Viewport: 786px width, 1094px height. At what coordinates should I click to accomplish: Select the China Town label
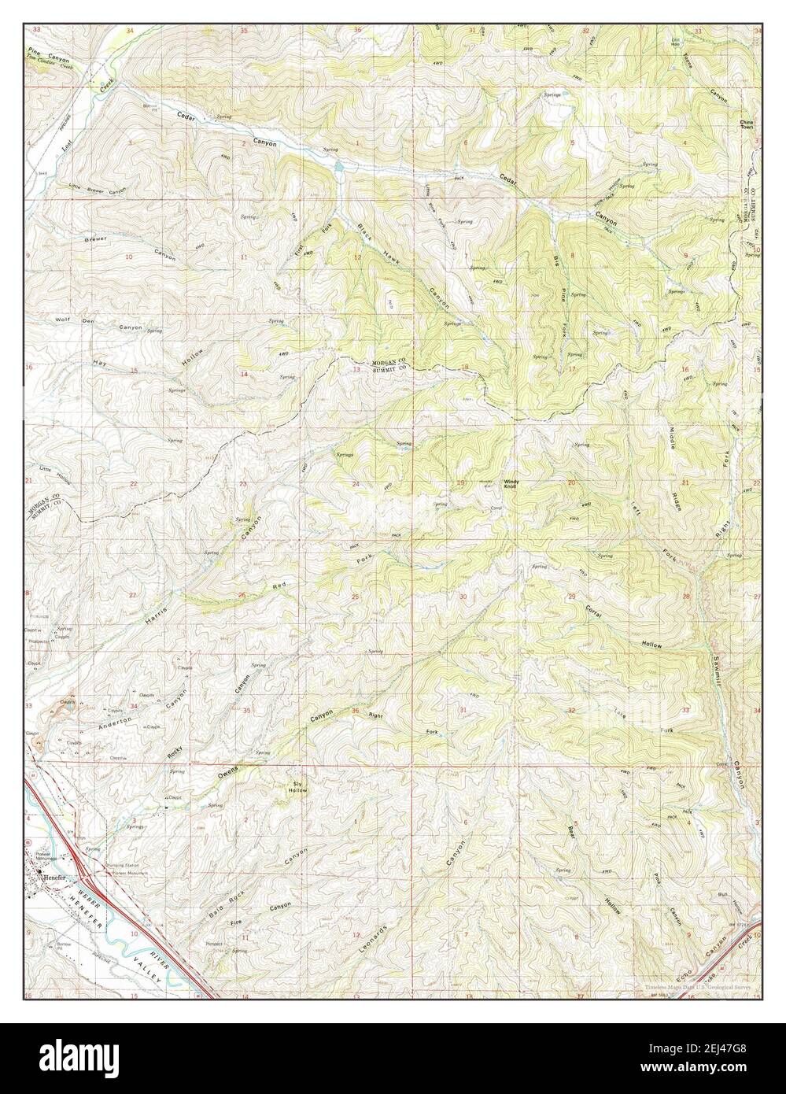[x=747, y=127]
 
